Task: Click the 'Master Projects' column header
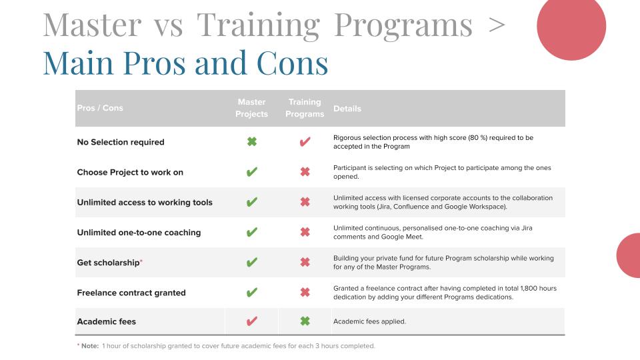click(x=251, y=108)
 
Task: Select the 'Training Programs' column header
click(x=305, y=108)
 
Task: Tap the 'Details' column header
click(x=347, y=109)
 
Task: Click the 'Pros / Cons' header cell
click(x=100, y=108)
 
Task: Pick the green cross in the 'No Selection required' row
click(x=252, y=141)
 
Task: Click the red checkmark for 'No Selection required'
click(x=305, y=141)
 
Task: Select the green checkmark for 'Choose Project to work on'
click(x=252, y=172)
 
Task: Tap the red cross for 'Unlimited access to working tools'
click(x=305, y=202)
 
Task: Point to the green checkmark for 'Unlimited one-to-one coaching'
click(x=252, y=232)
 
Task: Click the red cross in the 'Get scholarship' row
click(x=305, y=262)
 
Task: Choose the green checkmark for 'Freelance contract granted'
click(x=252, y=292)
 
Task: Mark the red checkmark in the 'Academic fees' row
click(x=252, y=321)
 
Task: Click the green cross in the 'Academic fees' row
click(x=305, y=321)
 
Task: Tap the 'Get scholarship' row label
click(x=109, y=263)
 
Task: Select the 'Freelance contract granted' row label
click(x=131, y=293)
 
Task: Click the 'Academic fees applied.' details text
click(x=369, y=321)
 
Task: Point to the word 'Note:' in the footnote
click(x=90, y=346)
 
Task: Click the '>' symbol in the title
click(x=496, y=25)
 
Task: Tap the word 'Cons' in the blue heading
click(x=292, y=63)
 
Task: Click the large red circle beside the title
click(x=571, y=27)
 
